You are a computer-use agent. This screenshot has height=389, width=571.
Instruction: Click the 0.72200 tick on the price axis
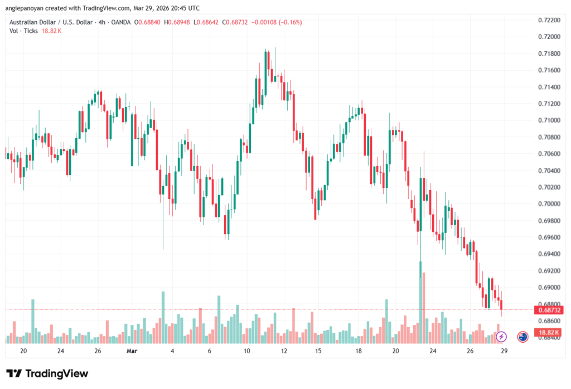click(549, 20)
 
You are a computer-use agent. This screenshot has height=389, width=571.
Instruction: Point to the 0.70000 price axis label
click(549, 204)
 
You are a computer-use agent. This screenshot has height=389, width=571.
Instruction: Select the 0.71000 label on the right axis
click(549, 120)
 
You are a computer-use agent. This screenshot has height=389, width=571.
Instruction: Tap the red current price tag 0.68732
click(547, 310)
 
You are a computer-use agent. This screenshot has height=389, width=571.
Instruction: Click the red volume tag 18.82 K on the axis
click(547, 333)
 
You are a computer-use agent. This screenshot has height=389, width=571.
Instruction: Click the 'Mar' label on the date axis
click(132, 351)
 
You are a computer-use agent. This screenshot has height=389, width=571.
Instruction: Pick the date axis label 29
click(504, 351)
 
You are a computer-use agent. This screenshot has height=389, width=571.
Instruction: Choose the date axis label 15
click(318, 351)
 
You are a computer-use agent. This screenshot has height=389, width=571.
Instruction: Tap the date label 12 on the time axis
click(284, 351)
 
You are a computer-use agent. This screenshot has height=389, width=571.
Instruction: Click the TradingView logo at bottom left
click(47, 373)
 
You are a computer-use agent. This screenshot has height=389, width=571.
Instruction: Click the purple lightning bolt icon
click(501, 337)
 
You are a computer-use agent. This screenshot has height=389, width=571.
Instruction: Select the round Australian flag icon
click(522, 337)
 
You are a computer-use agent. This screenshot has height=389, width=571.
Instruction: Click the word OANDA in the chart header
click(121, 22)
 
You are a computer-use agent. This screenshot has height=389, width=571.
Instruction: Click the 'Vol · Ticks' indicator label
click(23, 31)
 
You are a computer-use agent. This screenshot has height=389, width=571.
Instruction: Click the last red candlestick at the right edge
click(502, 304)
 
